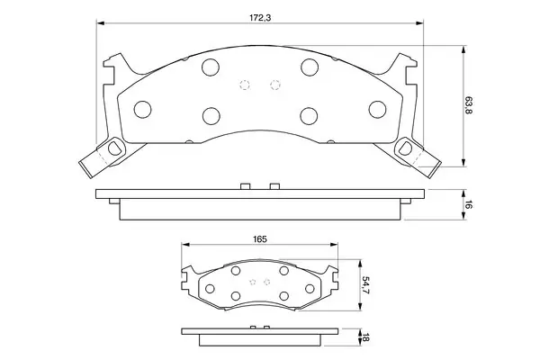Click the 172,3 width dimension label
pyautogui.click(x=260, y=18)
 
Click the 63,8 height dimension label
pyautogui.click(x=468, y=106)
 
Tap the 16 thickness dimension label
pyautogui.click(x=468, y=204)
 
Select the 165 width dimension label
pyautogui.click(x=260, y=239)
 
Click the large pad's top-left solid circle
pyautogui.click(x=211, y=67)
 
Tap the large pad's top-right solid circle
pyautogui.click(x=310, y=67)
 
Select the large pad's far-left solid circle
pyautogui.click(x=142, y=110)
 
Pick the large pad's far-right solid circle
pyautogui.click(x=377, y=110)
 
